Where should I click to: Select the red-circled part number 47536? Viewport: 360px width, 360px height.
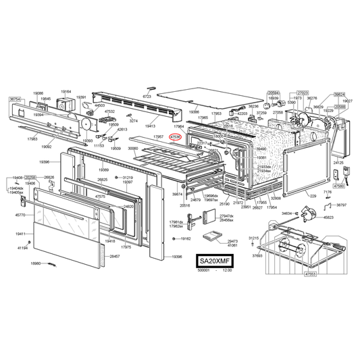(x=176, y=136)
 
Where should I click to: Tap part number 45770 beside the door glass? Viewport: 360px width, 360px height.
(x=21, y=215)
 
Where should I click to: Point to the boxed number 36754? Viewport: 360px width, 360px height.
(x=15, y=99)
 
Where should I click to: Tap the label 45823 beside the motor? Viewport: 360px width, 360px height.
(x=329, y=217)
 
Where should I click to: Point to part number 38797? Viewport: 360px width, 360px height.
(x=341, y=205)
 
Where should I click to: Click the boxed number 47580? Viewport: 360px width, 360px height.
(x=339, y=185)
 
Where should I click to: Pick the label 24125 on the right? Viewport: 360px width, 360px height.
(x=339, y=163)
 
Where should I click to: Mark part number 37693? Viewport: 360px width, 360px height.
(x=257, y=256)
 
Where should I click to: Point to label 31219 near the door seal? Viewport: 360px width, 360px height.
(x=127, y=177)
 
